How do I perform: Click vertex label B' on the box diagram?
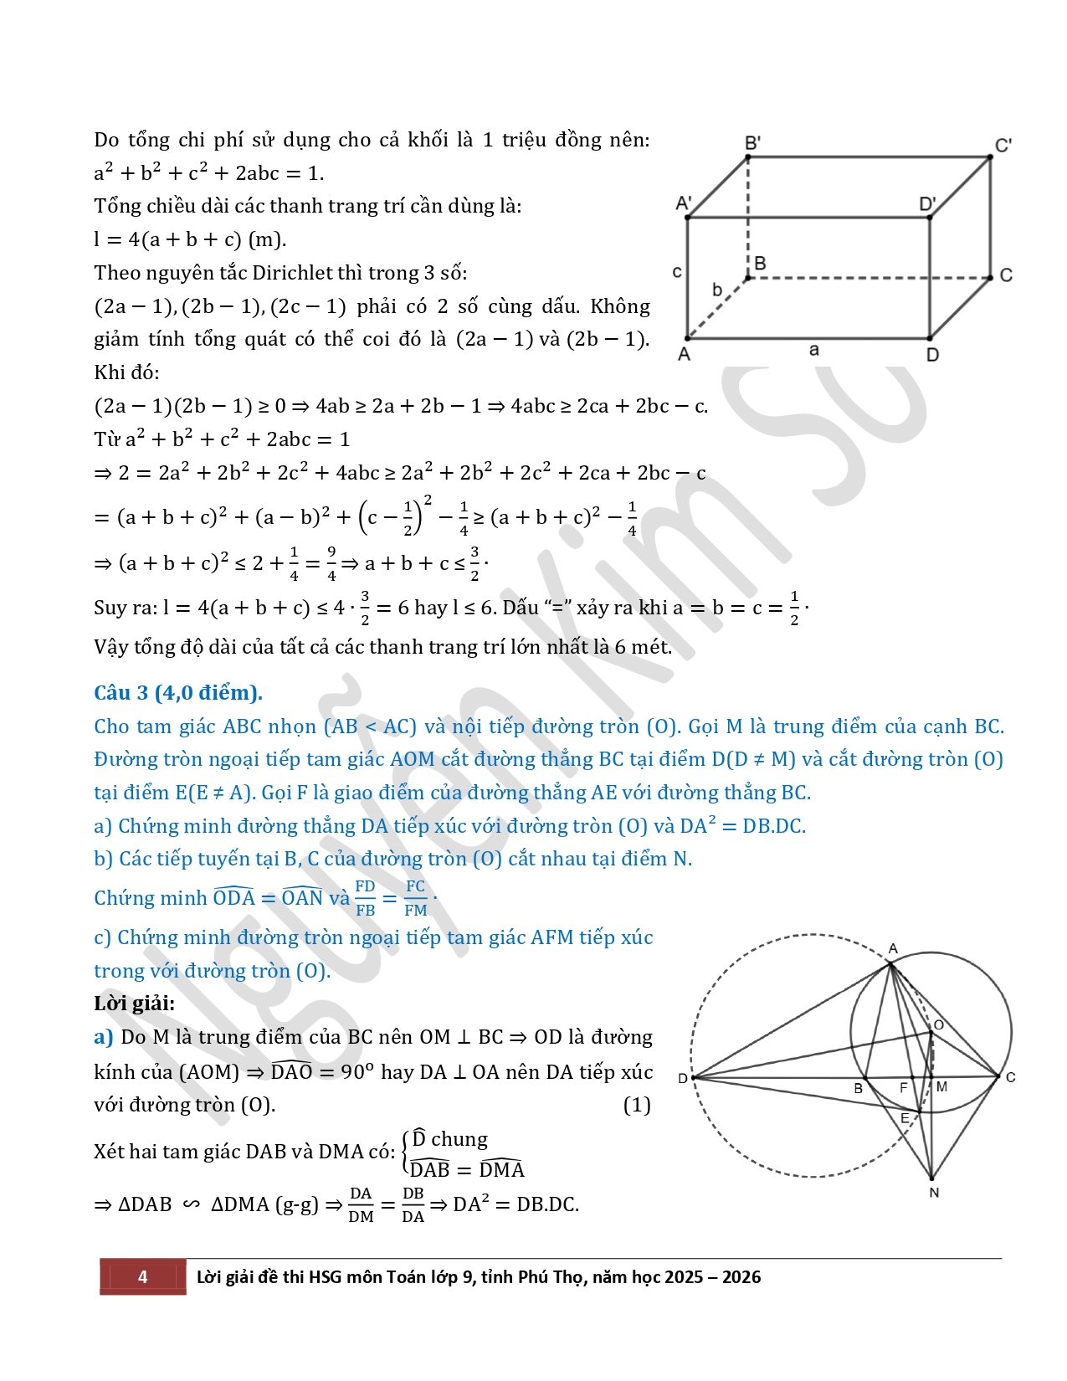(x=752, y=142)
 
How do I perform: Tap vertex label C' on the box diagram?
(x=1003, y=146)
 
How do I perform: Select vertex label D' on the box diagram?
(x=927, y=203)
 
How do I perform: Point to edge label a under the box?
(x=814, y=350)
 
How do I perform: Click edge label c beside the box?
(x=677, y=272)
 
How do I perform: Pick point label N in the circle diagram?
(x=934, y=1192)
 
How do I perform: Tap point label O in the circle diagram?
(x=939, y=1025)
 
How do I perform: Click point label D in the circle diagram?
(x=683, y=1078)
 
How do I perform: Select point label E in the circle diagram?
(x=905, y=1118)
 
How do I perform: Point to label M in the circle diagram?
(x=941, y=1086)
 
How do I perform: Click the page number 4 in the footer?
(x=142, y=1276)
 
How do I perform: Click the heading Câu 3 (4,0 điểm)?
(x=178, y=693)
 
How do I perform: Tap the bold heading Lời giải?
(x=135, y=1003)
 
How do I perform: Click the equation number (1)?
(x=637, y=1105)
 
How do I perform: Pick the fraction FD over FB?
(x=366, y=898)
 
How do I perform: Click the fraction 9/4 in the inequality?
(x=331, y=564)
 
